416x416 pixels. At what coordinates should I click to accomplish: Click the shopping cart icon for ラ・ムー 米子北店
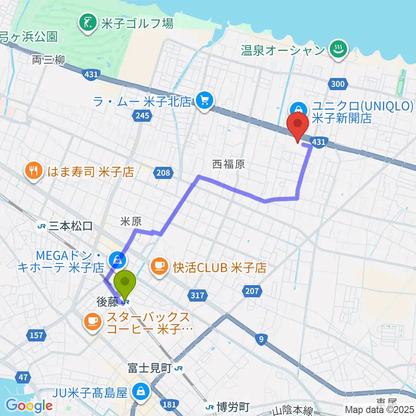[203, 101]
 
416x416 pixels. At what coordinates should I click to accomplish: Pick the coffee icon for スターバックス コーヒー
[92, 321]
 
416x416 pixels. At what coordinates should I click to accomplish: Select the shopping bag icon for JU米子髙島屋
[140, 393]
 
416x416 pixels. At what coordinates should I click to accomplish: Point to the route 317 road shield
[196, 296]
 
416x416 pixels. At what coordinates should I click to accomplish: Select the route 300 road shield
[338, 84]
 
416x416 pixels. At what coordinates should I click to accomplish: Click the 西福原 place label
[228, 164]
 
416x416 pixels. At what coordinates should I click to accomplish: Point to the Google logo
[29, 406]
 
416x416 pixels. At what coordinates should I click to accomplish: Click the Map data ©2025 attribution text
[379, 409]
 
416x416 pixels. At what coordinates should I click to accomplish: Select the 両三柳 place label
[49, 60]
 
